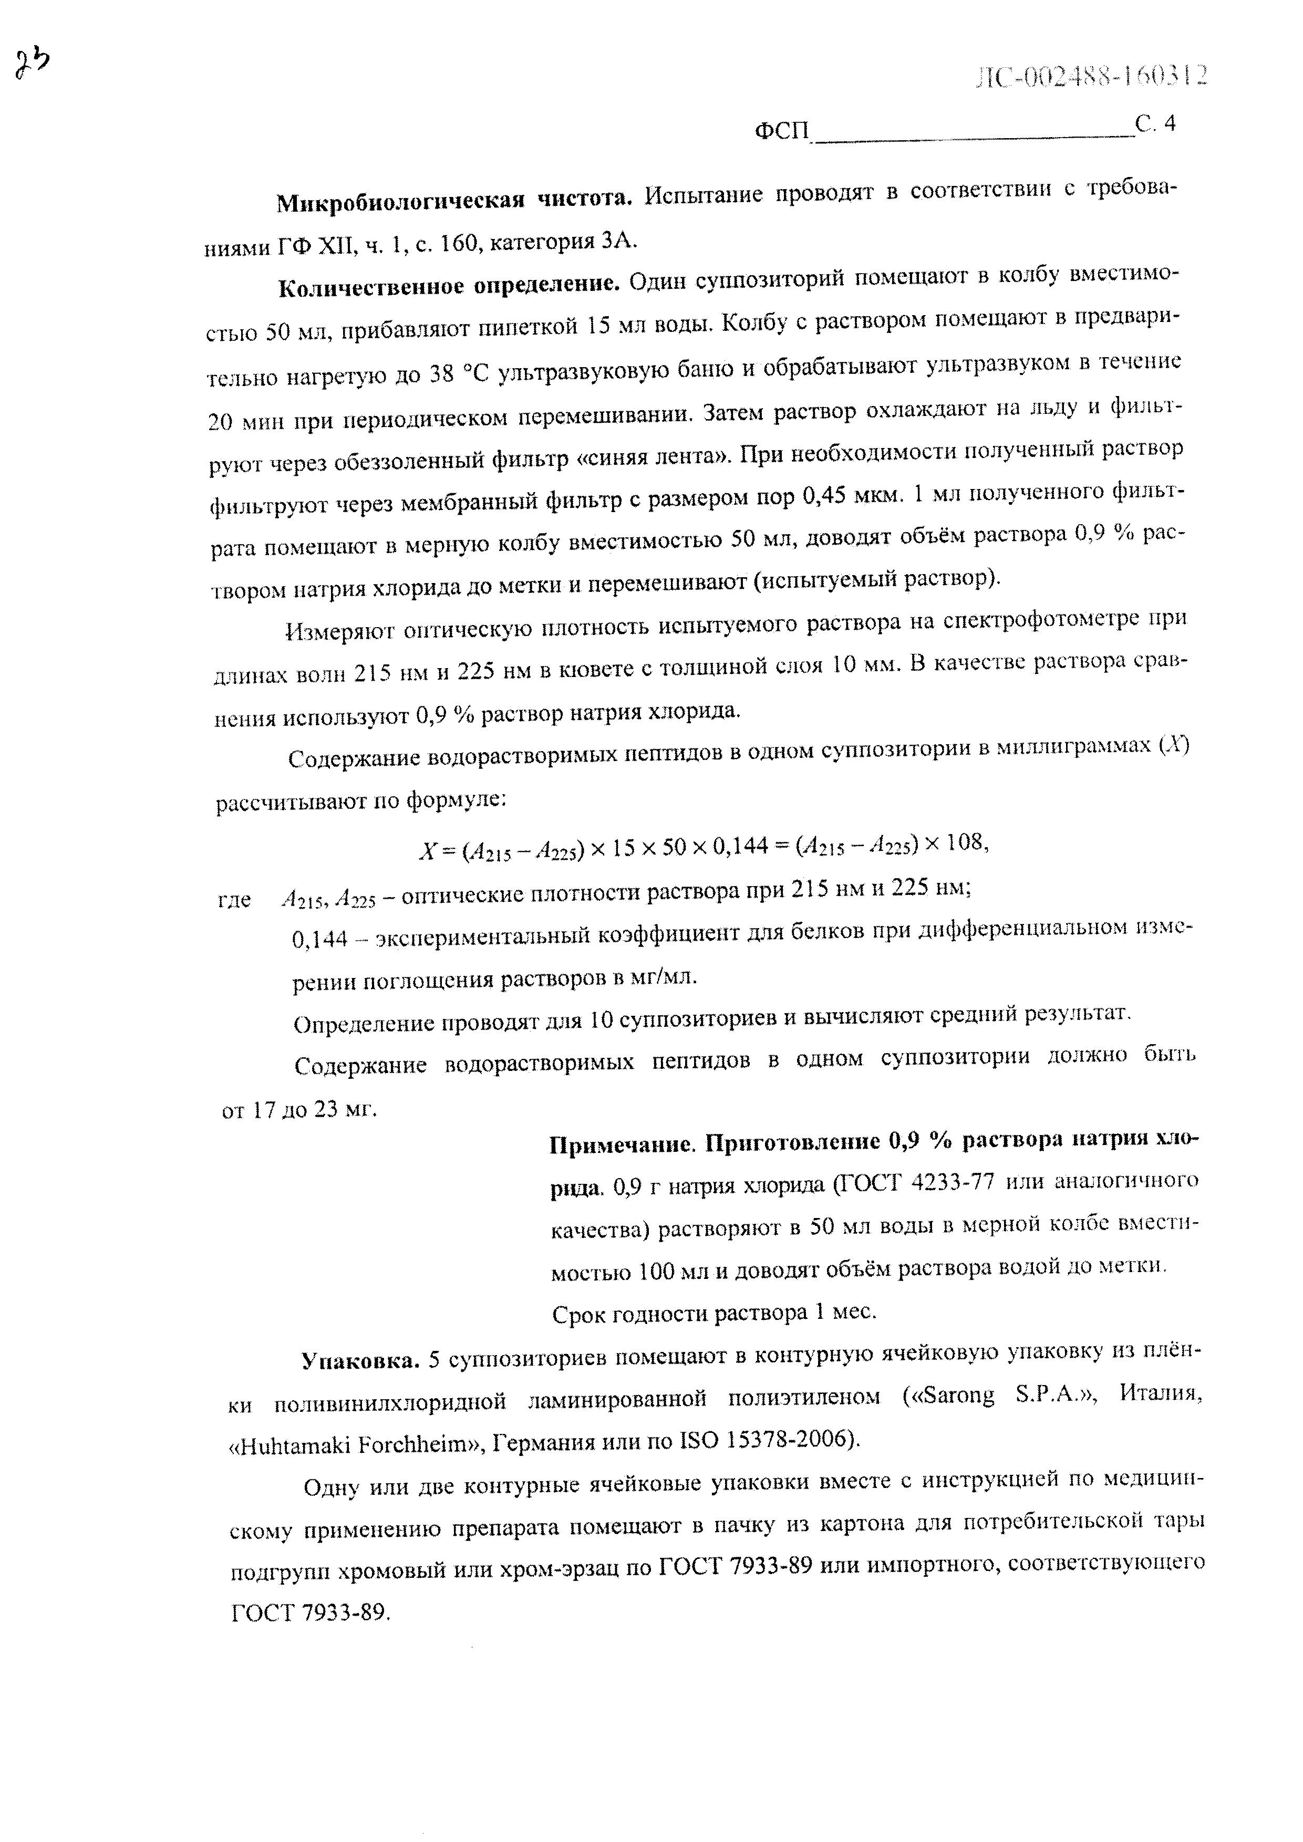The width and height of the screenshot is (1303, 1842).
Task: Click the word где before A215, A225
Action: pos(234,901)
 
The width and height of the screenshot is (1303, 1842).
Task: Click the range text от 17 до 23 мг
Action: pos(298,1111)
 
